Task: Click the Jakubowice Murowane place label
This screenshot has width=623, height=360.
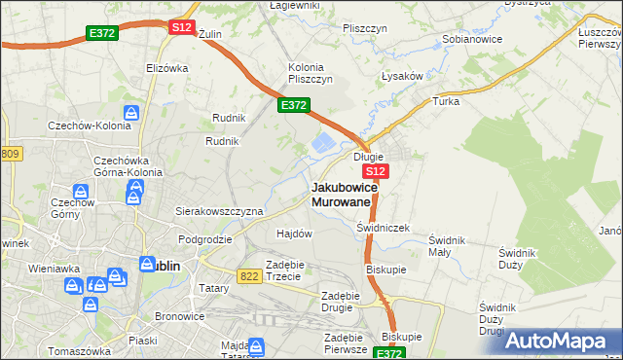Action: (x=340, y=194)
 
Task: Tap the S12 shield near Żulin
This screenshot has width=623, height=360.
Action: (x=181, y=27)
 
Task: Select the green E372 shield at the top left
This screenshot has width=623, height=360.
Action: (x=102, y=33)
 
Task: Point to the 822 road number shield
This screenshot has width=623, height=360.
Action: (x=248, y=277)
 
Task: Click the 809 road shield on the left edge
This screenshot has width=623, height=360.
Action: (x=11, y=155)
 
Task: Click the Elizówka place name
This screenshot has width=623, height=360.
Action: (x=165, y=68)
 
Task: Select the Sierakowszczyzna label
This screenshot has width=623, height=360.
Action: (x=219, y=210)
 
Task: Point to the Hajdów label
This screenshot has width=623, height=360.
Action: (x=294, y=234)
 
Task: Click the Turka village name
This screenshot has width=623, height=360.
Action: (x=446, y=101)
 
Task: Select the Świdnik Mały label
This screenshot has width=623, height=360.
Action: (x=446, y=245)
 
